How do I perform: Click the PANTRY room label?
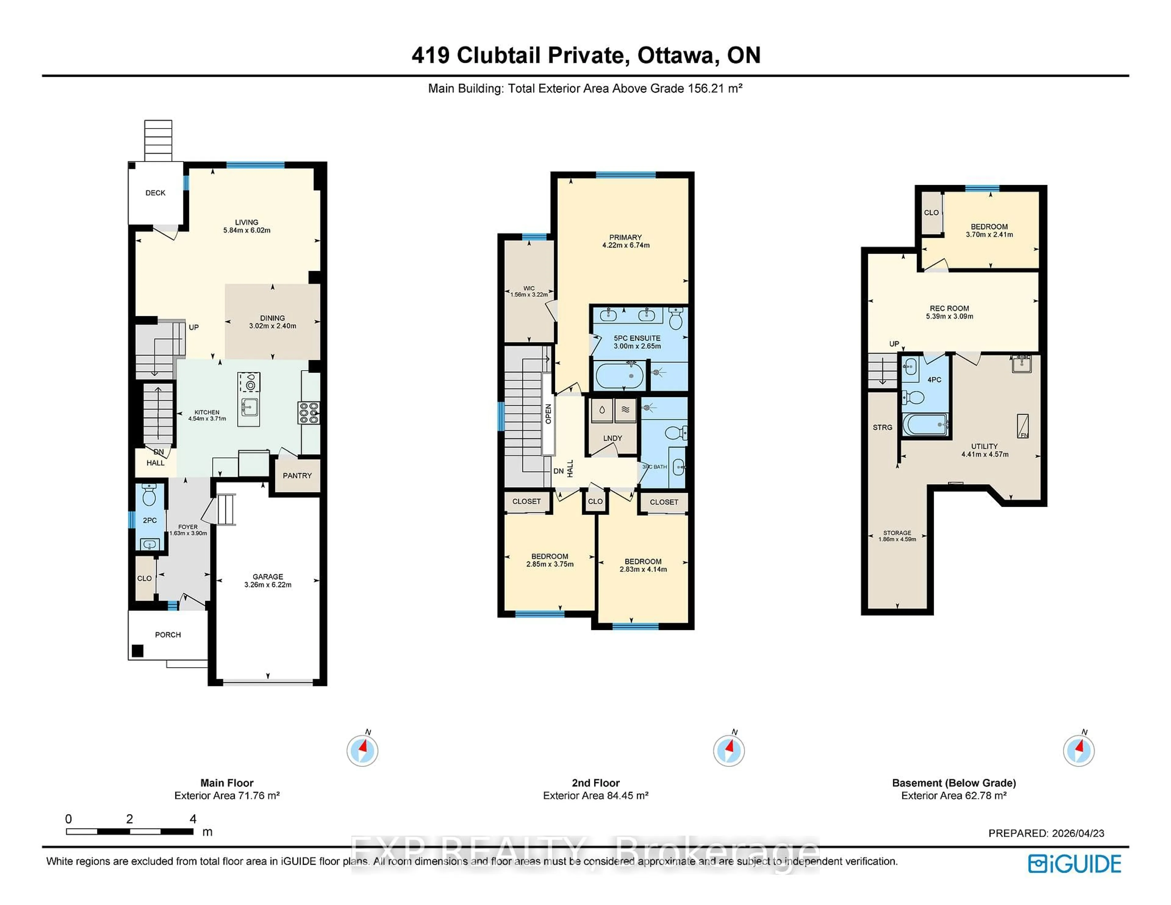click(x=297, y=476)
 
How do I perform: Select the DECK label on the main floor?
click(x=156, y=193)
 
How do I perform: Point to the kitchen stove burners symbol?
click(x=309, y=413)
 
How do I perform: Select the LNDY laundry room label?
click(x=612, y=438)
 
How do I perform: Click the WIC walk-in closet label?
click(x=529, y=288)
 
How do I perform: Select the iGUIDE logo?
click(x=1075, y=864)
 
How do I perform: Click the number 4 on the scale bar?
click(x=193, y=819)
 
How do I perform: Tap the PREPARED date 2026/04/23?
click(x=1078, y=833)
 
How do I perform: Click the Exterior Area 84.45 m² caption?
click(x=595, y=796)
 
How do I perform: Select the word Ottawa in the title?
click(x=675, y=55)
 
